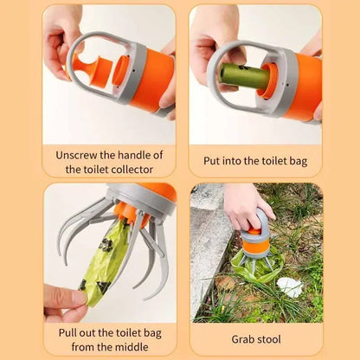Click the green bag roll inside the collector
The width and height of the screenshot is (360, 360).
point(244,76)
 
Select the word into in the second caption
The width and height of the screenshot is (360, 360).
point(241,161)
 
